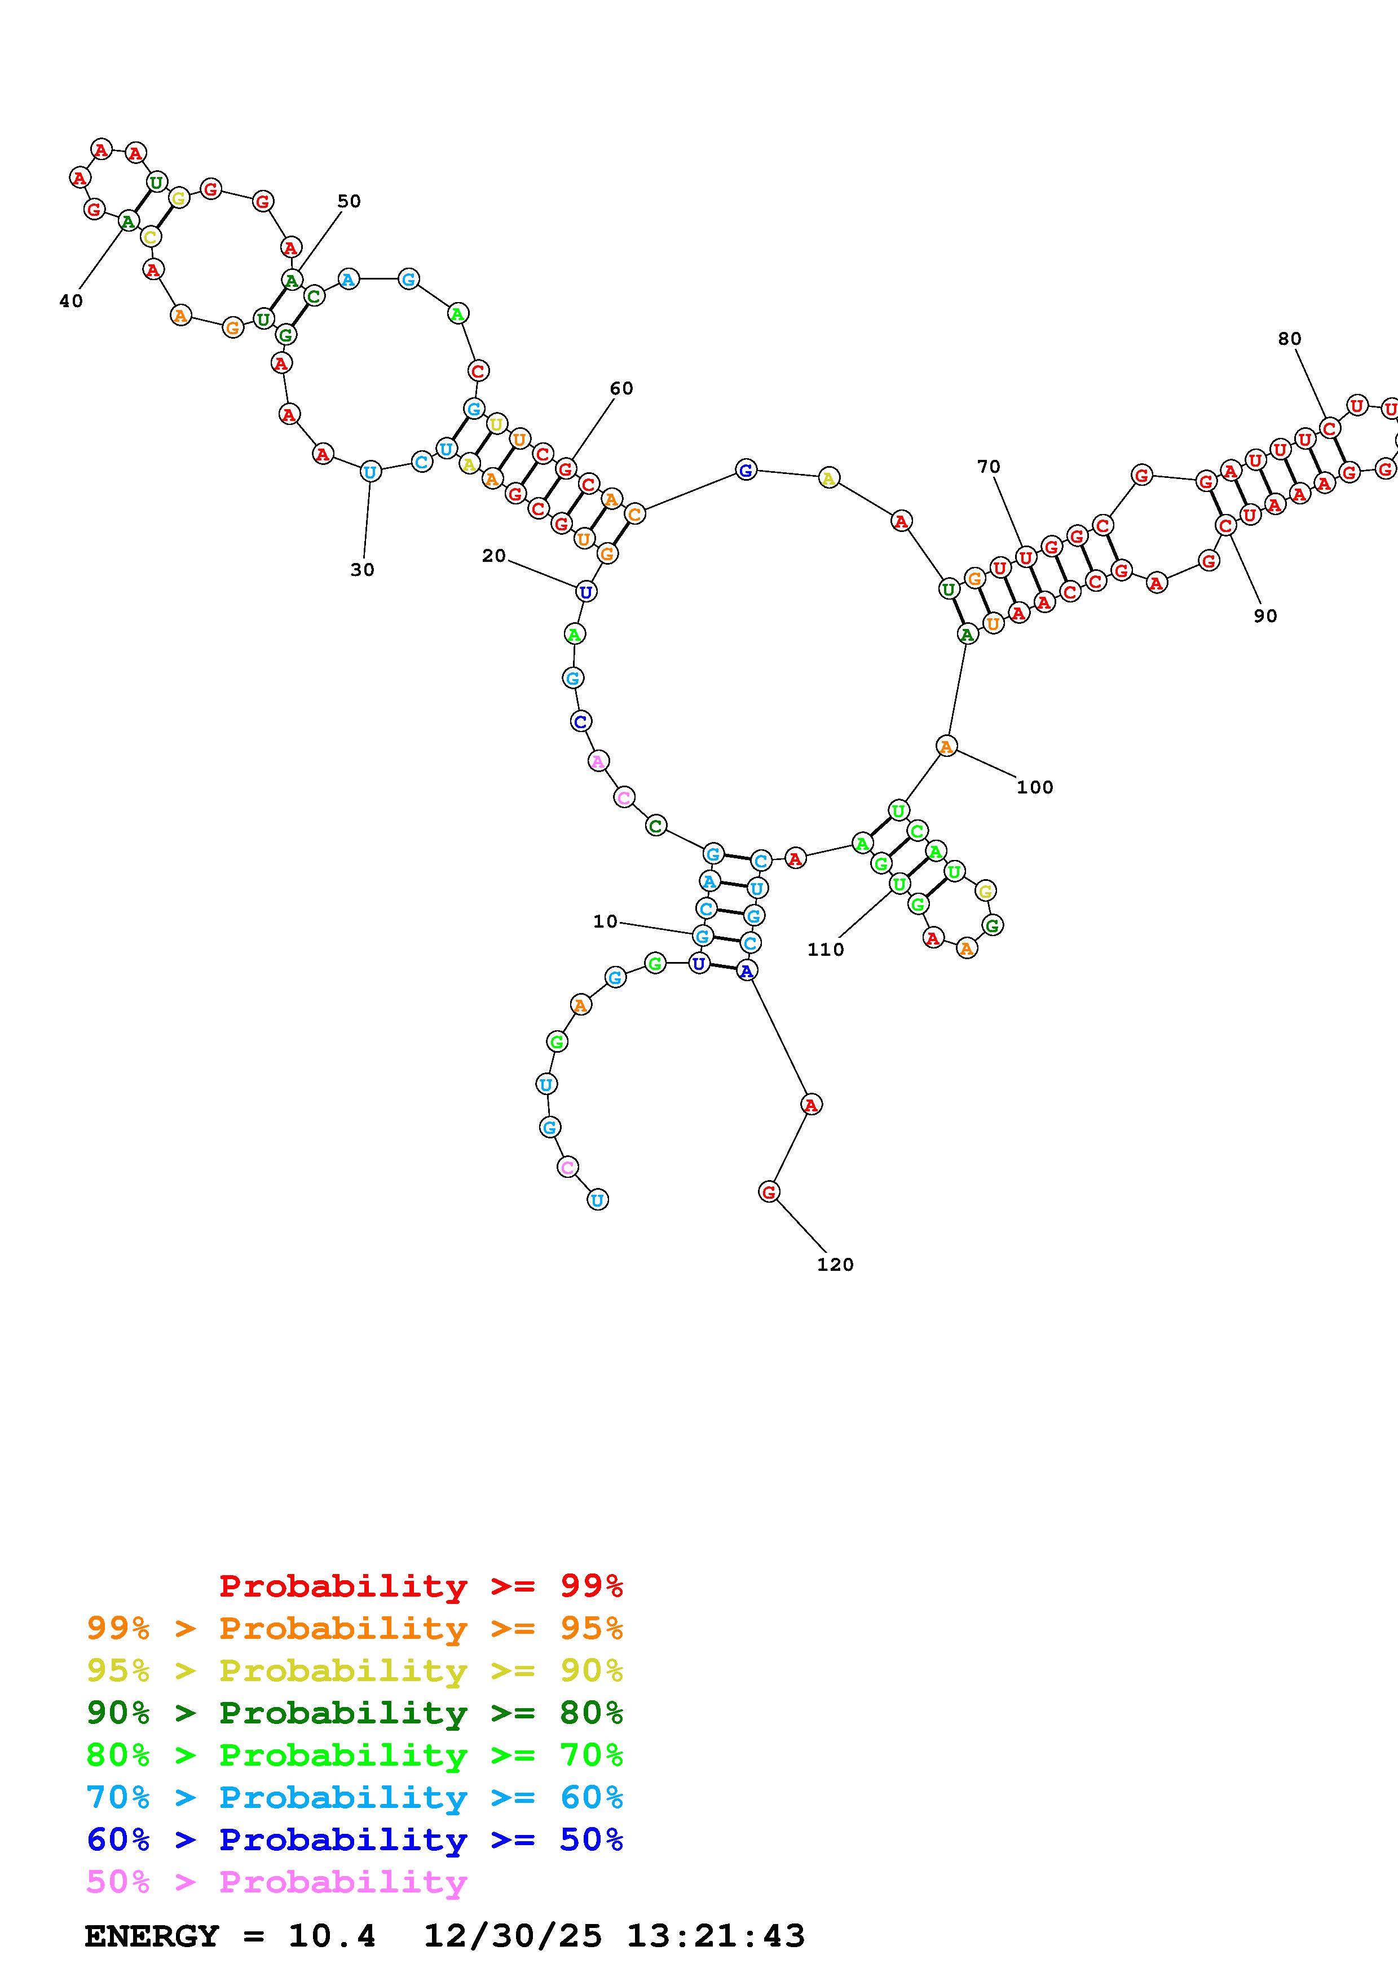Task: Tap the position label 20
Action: [x=493, y=556]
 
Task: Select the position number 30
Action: [x=363, y=570]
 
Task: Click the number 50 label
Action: [x=349, y=202]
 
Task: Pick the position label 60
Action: [x=621, y=388]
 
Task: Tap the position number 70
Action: [x=989, y=467]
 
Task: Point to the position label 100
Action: [x=1034, y=787]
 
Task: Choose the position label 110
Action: [x=825, y=950]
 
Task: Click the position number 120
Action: [x=835, y=1265]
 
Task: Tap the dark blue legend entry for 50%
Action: [x=354, y=1839]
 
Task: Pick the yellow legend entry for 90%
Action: [x=354, y=1670]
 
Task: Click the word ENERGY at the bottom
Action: [x=152, y=1936]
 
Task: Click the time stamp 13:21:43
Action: [x=715, y=1936]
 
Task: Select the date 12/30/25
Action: [x=513, y=1936]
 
